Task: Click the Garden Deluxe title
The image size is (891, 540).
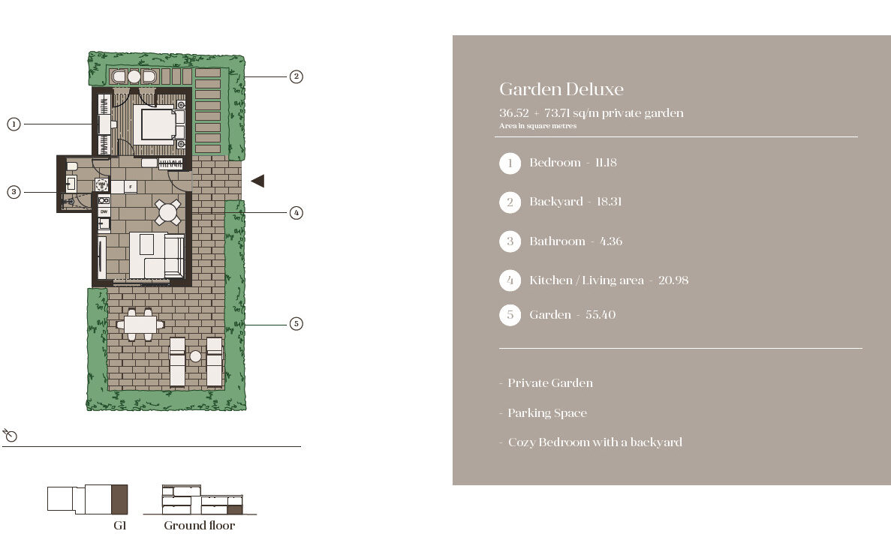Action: tap(561, 89)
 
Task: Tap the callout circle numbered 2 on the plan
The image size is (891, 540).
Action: tap(296, 76)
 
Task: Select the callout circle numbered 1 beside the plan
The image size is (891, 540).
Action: tap(14, 124)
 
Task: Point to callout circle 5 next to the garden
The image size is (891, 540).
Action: tap(296, 324)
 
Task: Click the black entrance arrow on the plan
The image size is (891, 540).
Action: tap(258, 181)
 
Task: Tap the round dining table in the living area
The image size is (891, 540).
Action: tap(167, 213)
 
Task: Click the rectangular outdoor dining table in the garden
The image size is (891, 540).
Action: tap(140, 325)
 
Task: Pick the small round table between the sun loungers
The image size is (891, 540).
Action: tap(195, 356)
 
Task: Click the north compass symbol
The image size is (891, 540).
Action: tap(11, 436)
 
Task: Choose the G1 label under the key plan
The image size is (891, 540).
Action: tap(120, 526)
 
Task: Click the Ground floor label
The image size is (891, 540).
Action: tap(200, 526)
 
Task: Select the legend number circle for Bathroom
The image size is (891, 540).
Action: tap(510, 241)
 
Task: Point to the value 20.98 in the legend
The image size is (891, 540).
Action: tap(673, 280)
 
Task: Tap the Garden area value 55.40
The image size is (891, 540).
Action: tap(601, 315)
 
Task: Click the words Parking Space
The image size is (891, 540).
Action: tap(547, 413)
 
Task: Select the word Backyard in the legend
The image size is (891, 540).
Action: tap(556, 202)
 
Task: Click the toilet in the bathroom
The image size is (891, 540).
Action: tap(72, 166)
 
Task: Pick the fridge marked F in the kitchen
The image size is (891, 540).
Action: tap(130, 187)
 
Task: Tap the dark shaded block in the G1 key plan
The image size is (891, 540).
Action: tap(119, 499)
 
